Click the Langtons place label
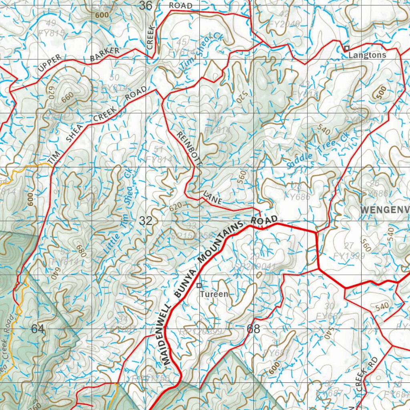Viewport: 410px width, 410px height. click(367, 55)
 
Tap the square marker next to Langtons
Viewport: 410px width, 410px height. click(347, 48)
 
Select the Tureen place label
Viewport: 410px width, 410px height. click(214, 294)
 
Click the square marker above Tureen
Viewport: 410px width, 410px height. click(199, 285)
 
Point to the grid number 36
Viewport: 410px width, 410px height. click(146, 6)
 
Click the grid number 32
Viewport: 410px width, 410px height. click(146, 221)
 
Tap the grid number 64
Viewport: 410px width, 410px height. click(38, 329)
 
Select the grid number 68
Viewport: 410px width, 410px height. click(253, 329)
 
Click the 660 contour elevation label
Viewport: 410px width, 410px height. click(68, 96)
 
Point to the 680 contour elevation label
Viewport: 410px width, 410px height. click(82, 251)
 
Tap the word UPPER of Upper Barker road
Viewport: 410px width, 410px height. click(50, 64)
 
